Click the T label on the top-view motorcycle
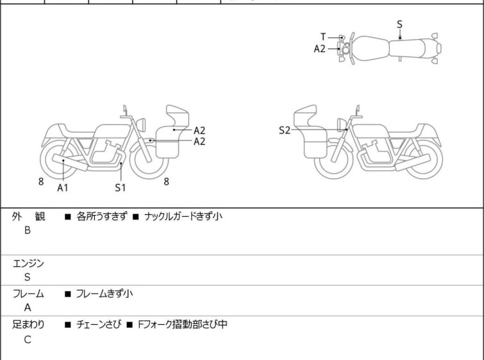(323, 37)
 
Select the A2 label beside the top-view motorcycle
(319, 49)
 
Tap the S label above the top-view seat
(399, 24)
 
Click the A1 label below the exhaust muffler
(63, 187)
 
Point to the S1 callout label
(121, 187)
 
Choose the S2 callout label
(285, 130)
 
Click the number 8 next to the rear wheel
(41, 182)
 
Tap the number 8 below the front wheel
(167, 182)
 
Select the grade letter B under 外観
(28, 230)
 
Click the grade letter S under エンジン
(28, 277)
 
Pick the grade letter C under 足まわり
(28, 339)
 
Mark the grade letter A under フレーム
(28, 308)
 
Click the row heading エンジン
(28, 264)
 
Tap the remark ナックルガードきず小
(183, 216)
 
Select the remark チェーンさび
(99, 325)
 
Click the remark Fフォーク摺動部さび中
(183, 325)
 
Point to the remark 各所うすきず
(101, 216)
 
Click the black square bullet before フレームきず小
(68, 294)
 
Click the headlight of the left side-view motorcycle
(141, 125)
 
